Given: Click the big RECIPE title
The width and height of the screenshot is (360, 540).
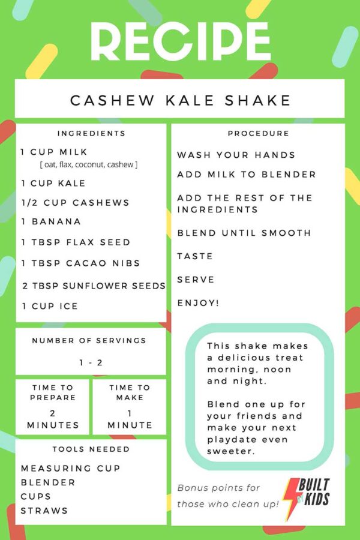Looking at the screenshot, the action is point(181,41).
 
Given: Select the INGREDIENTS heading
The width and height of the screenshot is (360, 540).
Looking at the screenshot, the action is point(91,134).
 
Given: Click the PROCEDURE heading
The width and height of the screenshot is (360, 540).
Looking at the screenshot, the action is point(259,134).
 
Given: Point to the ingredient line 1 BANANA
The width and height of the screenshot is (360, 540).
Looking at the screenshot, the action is point(51,221).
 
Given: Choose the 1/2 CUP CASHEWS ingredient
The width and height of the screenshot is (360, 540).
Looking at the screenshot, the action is point(75,203).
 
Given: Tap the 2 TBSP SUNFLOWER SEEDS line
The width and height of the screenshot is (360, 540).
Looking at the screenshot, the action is point(94,286).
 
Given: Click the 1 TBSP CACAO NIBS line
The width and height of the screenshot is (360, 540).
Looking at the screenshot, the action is point(80,263).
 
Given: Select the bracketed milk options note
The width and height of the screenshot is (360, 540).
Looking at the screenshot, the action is point(89,164).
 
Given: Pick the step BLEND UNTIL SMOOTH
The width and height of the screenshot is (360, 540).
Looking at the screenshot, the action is point(244,233).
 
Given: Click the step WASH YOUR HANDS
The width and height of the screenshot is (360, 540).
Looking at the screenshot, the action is point(236,155).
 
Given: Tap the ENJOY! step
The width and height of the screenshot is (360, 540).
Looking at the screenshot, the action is point(198,304).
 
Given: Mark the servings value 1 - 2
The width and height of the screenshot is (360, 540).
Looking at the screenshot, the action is point(91,362).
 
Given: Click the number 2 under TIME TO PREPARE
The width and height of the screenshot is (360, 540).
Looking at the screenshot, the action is point(52,413).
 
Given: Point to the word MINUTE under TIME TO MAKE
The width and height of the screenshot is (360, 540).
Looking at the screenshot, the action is point(130,425).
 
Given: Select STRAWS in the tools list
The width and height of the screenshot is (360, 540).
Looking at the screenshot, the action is point(44,511).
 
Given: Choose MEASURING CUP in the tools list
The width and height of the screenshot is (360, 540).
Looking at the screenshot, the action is point(71,469).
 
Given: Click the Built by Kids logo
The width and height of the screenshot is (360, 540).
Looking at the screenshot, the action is point(306,496).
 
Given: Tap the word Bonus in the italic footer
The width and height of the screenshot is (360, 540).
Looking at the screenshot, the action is point(191,488).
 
